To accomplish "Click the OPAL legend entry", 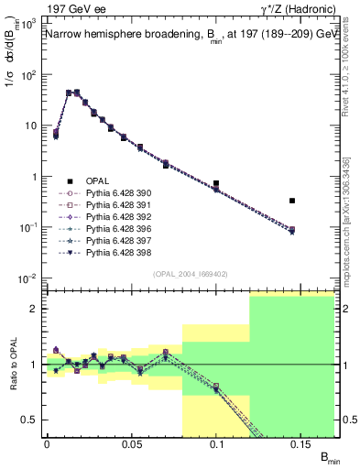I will [97, 181].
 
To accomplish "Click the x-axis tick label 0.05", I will [132, 444].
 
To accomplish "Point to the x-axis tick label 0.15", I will [302, 444].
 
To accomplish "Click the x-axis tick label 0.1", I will [217, 444].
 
